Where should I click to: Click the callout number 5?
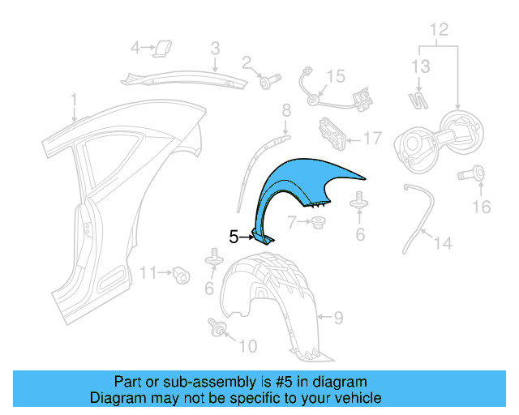pyautogui.click(x=234, y=237)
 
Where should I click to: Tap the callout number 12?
pyautogui.click(x=439, y=30)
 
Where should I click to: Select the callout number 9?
pyautogui.click(x=339, y=317)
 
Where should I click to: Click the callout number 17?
pyautogui.click(x=372, y=139)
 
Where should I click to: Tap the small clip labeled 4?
pyautogui.click(x=162, y=46)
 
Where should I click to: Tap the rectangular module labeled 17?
pyautogui.click(x=329, y=132)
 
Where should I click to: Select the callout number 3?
pyautogui.click(x=216, y=49)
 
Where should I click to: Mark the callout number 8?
pyautogui.click(x=285, y=110)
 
